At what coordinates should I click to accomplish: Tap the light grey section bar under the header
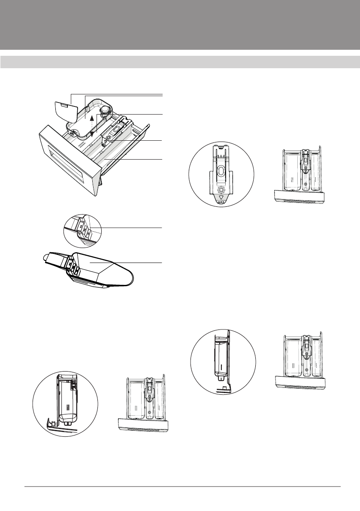pyautogui.click(x=180, y=62)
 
